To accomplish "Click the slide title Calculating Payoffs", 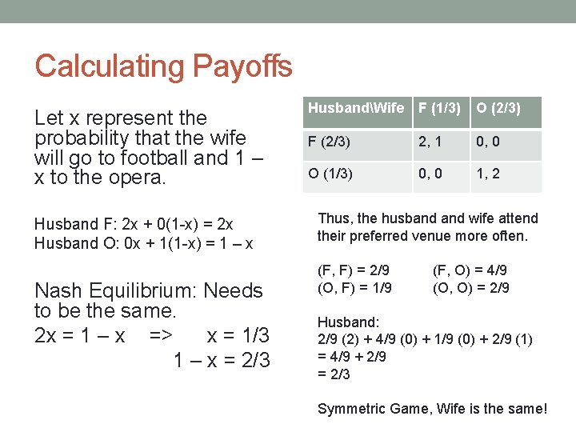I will coord(163,66).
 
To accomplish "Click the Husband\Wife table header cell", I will coord(355,108).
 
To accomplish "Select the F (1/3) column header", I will coord(439,108).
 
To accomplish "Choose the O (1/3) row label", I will coord(331,174).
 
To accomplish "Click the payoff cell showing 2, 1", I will coord(430,142).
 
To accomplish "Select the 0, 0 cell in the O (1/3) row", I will coord(430,174).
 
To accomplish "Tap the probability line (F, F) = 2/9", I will coord(355,270).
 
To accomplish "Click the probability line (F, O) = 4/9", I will coord(470,270).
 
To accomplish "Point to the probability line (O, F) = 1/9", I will coord(355,287).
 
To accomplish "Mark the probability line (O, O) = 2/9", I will coord(470,287).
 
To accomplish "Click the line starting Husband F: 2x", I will coord(134,226).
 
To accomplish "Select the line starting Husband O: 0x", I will coord(143,243).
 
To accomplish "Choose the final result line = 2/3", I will coord(334,374).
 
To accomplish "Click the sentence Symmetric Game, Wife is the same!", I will coord(432,409).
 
